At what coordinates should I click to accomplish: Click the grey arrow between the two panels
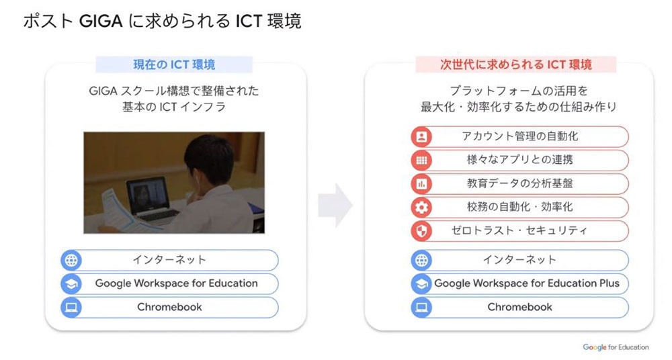click(x=335, y=206)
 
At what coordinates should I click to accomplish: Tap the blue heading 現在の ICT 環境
click(x=174, y=64)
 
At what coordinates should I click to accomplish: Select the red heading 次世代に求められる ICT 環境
click(x=515, y=64)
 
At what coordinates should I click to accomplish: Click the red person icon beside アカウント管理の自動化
click(x=422, y=137)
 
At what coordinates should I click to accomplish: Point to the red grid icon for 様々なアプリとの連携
click(x=422, y=161)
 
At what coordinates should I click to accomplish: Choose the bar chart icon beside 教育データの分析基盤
click(x=422, y=184)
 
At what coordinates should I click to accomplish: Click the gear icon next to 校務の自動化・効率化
click(x=422, y=208)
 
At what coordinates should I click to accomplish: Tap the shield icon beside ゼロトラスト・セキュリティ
click(x=422, y=231)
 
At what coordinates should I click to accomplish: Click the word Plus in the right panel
click(x=607, y=283)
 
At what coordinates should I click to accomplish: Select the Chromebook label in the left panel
click(x=170, y=307)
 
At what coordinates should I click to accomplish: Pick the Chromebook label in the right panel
click(x=520, y=307)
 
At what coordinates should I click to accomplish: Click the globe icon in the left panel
click(x=71, y=260)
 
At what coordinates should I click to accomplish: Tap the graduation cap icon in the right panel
click(x=422, y=283)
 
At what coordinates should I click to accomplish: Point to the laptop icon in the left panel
click(x=71, y=308)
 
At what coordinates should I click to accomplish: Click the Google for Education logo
click(x=616, y=347)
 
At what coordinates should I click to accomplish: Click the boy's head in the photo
click(x=209, y=159)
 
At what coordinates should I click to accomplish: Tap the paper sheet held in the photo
click(x=122, y=212)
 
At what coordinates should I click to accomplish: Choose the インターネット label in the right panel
click(x=520, y=260)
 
